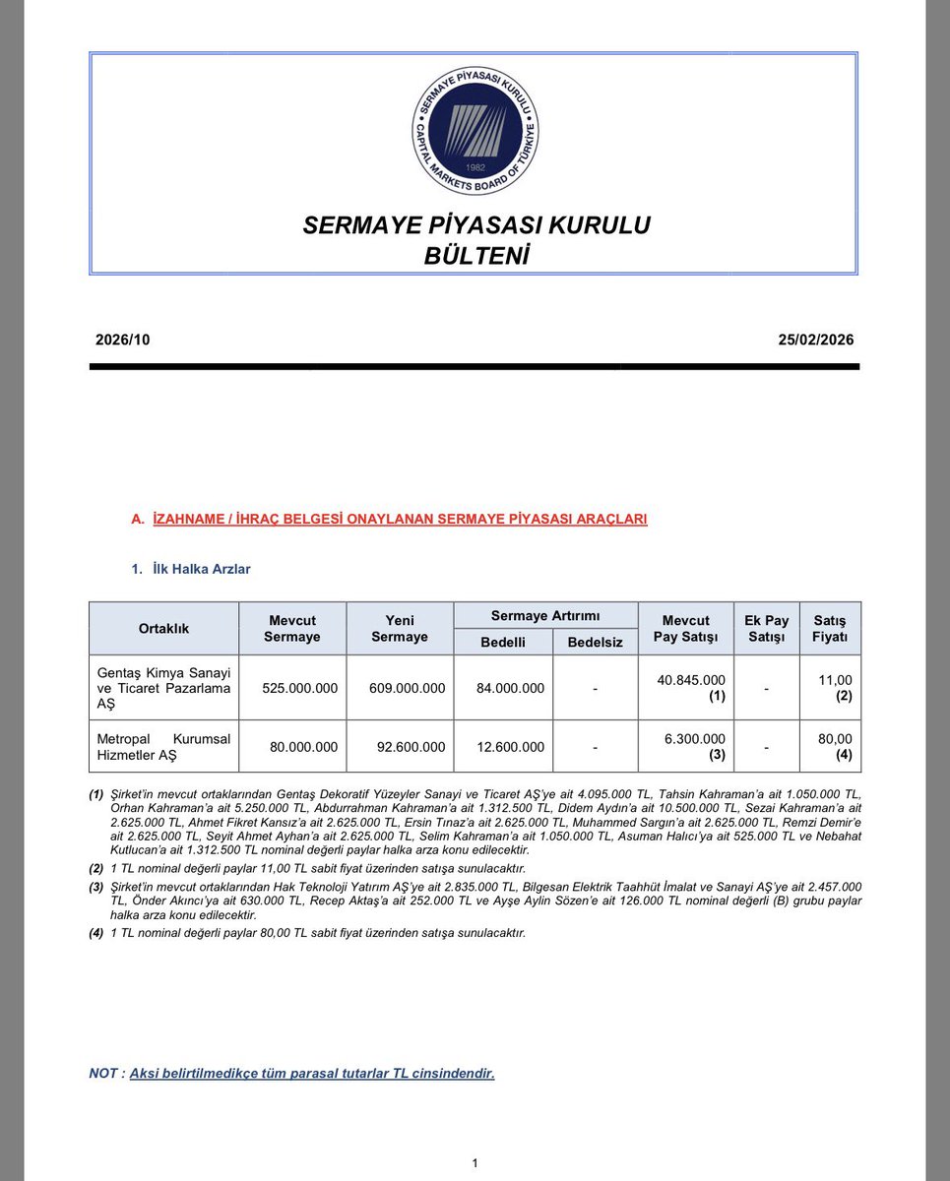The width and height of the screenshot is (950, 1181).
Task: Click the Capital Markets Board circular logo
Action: tap(475, 131)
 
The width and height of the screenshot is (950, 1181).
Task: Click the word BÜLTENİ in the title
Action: tap(475, 256)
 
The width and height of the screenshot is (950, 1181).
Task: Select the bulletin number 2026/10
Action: tap(122, 341)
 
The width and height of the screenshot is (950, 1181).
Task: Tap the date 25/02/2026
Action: tap(815, 341)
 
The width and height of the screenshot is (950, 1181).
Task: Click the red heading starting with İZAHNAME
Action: tap(400, 519)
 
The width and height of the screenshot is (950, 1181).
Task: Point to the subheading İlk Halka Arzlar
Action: tap(202, 569)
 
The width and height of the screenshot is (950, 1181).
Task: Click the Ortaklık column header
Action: tap(163, 628)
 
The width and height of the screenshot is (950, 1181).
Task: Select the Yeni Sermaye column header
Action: tap(399, 628)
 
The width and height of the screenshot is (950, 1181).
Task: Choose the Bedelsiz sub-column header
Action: tap(595, 643)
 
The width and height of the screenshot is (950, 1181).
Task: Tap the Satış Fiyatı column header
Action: tap(830, 628)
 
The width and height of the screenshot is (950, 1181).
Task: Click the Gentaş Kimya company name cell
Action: tap(163, 688)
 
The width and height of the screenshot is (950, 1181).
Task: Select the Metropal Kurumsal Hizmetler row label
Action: tap(163, 747)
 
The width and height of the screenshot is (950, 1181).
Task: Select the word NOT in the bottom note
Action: tap(103, 1073)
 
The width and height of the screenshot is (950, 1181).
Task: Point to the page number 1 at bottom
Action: tap(475, 1163)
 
